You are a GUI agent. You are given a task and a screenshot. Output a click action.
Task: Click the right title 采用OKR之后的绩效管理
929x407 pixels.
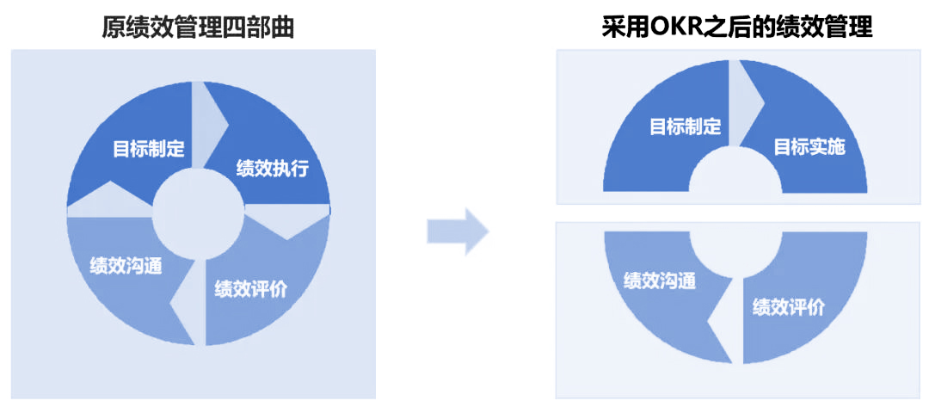(737, 28)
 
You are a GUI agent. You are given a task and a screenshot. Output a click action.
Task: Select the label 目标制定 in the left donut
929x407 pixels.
(149, 147)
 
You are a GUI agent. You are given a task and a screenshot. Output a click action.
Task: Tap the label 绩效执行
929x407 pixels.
(272, 168)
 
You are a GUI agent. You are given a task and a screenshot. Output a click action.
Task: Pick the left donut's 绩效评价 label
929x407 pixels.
(250, 288)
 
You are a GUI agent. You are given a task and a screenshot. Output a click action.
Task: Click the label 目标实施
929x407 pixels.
(809, 146)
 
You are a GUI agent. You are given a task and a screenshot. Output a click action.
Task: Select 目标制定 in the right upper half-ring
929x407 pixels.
(685, 126)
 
